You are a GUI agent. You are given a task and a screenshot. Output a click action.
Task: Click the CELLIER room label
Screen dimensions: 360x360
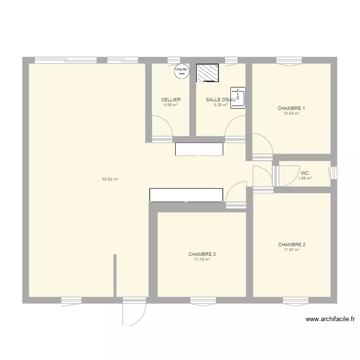point(170,100)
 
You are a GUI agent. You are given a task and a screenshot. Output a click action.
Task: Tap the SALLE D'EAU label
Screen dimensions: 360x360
point(220,100)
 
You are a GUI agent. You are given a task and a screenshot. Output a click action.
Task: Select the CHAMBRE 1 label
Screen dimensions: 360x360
point(291,108)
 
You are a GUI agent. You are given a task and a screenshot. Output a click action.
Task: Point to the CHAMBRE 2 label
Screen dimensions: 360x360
point(291,245)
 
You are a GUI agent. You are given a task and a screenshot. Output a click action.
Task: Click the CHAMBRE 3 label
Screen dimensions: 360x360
point(202,254)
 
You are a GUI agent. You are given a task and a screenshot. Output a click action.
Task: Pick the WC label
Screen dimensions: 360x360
point(304,173)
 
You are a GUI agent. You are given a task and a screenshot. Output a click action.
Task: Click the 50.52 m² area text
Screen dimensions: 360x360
point(110,180)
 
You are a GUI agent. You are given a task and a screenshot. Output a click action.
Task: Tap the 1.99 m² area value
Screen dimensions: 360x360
point(304,179)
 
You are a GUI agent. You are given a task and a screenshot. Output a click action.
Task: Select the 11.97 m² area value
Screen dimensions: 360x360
point(291,250)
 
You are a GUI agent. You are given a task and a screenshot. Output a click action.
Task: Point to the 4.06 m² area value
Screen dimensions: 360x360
point(170,105)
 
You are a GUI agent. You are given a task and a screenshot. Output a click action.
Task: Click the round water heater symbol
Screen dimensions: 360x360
point(181,71)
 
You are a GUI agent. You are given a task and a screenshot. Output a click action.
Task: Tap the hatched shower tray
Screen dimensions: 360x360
point(208,73)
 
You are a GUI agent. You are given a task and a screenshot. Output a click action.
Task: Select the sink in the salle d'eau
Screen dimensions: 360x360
point(238,98)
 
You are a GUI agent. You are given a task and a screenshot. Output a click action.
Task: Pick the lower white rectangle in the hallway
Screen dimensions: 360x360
point(187,195)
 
